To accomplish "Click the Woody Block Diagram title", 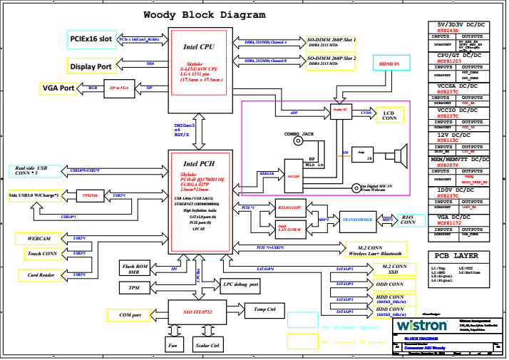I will [205, 14].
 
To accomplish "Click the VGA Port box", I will [58, 88].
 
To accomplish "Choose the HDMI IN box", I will [389, 64].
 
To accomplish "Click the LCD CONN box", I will [390, 114].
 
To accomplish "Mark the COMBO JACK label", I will [299, 133].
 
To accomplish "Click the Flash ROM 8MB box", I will [135, 268].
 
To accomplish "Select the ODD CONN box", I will [390, 283].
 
